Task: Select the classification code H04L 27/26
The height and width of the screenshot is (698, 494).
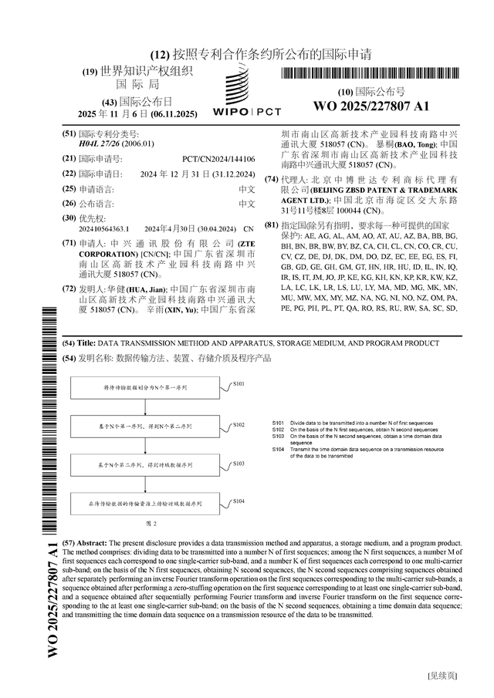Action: [x=105, y=143]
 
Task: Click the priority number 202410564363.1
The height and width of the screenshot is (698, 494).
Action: [x=105, y=229]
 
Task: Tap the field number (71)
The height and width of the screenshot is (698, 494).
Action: [x=69, y=242]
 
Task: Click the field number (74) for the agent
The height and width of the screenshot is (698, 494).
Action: [x=271, y=179]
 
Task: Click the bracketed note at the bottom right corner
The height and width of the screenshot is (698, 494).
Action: [x=442, y=676]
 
